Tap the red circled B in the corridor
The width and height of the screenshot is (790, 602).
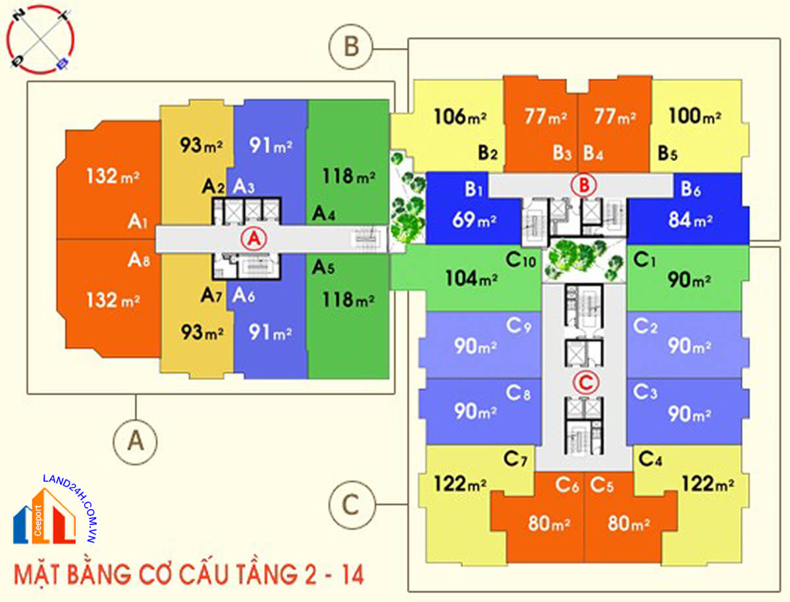[583, 186]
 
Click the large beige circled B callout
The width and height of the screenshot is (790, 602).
[351, 47]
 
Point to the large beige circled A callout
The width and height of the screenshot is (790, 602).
[136, 441]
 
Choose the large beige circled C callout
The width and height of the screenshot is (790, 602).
[351, 505]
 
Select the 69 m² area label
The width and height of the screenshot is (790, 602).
[473, 220]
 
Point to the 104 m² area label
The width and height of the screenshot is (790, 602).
[470, 278]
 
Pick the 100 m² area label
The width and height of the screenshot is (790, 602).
[695, 117]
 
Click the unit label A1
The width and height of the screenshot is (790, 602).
[138, 222]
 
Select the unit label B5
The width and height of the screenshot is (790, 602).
[667, 154]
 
